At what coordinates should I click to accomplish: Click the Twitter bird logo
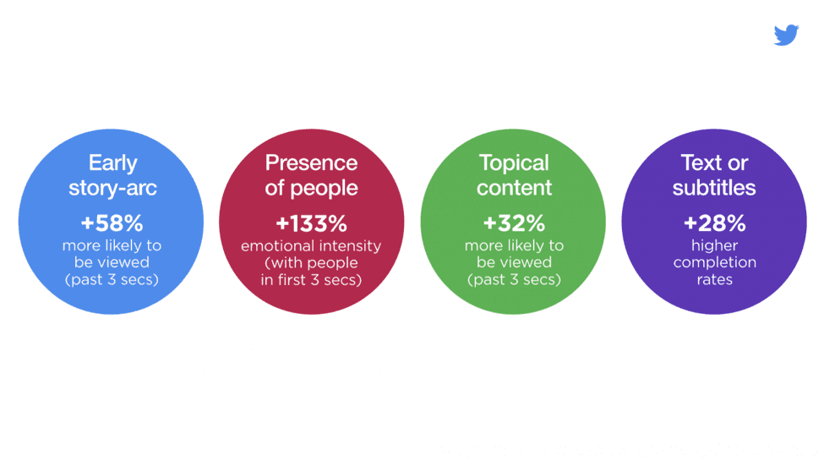(x=786, y=35)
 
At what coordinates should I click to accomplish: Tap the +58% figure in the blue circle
(x=112, y=223)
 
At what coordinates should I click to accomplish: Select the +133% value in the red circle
(x=312, y=223)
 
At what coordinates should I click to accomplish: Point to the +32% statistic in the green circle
(x=514, y=223)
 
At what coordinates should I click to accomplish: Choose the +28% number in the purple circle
(x=715, y=223)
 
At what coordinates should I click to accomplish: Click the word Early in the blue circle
(x=113, y=163)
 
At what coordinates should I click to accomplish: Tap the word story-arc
(x=113, y=188)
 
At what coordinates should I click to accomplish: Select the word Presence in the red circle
(x=311, y=162)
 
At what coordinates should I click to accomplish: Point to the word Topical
(x=514, y=163)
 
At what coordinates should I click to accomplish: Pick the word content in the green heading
(x=515, y=187)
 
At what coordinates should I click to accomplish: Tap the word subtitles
(x=714, y=187)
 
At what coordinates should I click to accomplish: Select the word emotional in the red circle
(x=277, y=245)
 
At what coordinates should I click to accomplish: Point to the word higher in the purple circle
(x=715, y=245)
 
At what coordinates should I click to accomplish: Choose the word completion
(x=715, y=262)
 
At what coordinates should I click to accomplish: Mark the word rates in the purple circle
(x=715, y=279)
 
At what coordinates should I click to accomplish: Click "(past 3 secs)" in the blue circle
(x=112, y=279)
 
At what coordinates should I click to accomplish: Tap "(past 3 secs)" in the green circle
(x=515, y=279)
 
